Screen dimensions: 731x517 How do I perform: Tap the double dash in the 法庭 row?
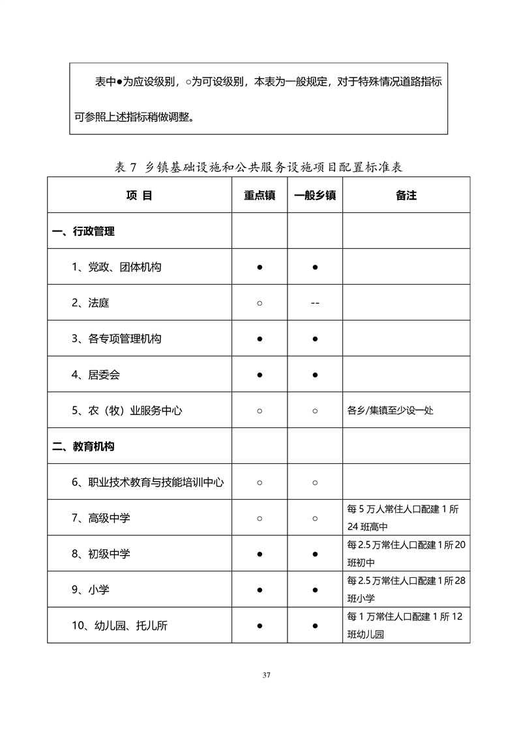pyautogui.click(x=315, y=303)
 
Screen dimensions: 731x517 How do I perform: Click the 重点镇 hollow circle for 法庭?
pyautogui.click(x=259, y=303)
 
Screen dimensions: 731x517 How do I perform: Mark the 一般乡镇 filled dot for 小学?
pyautogui.click(x=315, y=590)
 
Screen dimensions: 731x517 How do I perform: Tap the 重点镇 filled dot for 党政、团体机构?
pyautogui.click(x=259, y=267)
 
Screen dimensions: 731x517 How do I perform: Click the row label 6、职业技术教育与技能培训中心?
pyautogui.click(x=148, y=483)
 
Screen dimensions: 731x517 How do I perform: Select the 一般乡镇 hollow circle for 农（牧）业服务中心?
pyautogui.click(x=315, y=411)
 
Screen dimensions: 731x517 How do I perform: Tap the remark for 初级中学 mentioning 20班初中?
pyautogui.click(x=406, y=554)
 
